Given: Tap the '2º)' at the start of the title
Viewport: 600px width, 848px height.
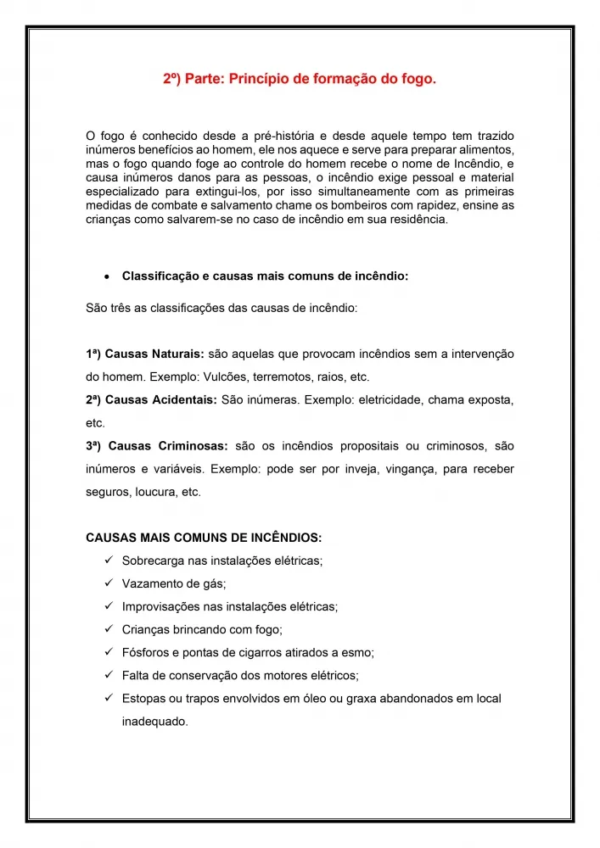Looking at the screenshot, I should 174,80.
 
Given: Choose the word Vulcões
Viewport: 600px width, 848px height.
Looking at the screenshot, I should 229,377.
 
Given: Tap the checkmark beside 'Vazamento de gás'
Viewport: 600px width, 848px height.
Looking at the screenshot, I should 109,583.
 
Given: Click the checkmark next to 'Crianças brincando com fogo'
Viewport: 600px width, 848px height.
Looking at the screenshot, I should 109,629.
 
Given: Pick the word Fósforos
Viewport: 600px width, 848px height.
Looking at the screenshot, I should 148,653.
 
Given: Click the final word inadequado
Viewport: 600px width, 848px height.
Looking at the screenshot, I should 154,722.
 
